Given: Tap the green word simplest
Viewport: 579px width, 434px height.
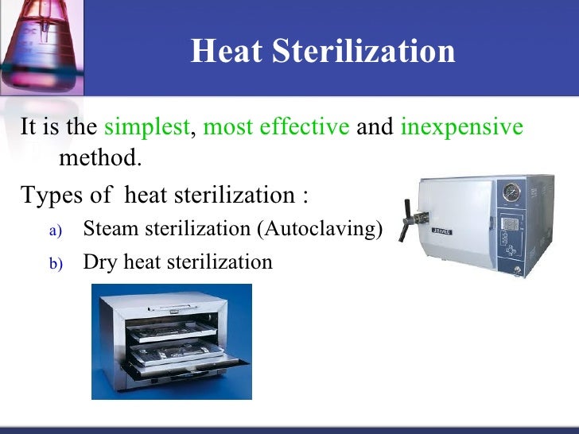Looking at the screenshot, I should pos(147,127).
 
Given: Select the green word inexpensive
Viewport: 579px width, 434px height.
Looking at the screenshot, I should pos(462,127).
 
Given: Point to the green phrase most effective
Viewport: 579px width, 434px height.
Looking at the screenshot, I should pos(277,127).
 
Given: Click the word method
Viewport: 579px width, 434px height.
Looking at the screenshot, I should pos(99,157).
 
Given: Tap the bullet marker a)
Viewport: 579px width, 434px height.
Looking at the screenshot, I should pos(55,231).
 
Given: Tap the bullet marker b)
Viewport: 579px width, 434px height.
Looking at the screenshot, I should pos(55,263).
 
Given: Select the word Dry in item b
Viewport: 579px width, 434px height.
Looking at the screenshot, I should pos(99,262).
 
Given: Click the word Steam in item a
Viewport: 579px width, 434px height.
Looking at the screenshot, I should pos(107,229).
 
